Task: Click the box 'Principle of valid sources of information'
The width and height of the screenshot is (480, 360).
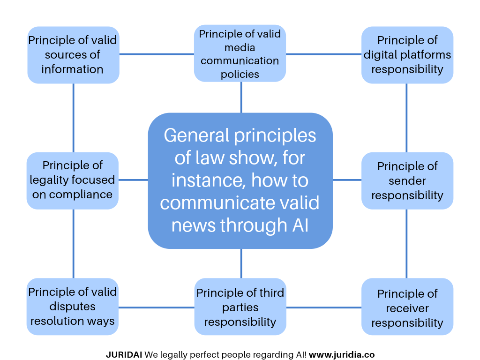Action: [73, 55]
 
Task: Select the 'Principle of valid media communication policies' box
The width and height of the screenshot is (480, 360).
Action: [240, 54]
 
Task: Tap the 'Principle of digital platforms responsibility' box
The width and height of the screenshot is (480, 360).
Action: [407, 55]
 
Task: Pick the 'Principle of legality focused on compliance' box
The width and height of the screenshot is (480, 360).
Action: [73, 180]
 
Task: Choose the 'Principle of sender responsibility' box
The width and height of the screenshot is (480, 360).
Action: [407, 181]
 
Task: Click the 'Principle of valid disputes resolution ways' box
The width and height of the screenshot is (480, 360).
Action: [73, 307]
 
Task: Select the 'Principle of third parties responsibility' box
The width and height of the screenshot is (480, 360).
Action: [240, 307]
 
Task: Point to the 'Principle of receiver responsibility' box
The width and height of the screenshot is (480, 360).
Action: [407, 308]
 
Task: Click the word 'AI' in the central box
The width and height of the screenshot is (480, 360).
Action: [300, 225]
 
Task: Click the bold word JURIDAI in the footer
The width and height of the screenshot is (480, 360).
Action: [124, 355]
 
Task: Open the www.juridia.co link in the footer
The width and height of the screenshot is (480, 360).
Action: [342, 355]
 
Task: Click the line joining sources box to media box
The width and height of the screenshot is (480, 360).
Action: [157, 54]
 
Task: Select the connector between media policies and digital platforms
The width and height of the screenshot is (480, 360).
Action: [323, 54]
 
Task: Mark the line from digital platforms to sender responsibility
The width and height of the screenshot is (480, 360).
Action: [406, 118]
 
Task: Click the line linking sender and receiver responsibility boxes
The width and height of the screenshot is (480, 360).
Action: [406, 244]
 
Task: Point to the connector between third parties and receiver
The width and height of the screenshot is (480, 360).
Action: [323, 307]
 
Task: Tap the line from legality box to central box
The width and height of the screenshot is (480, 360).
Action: [134, 180]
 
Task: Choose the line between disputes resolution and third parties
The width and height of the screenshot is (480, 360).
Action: [157, 307]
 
